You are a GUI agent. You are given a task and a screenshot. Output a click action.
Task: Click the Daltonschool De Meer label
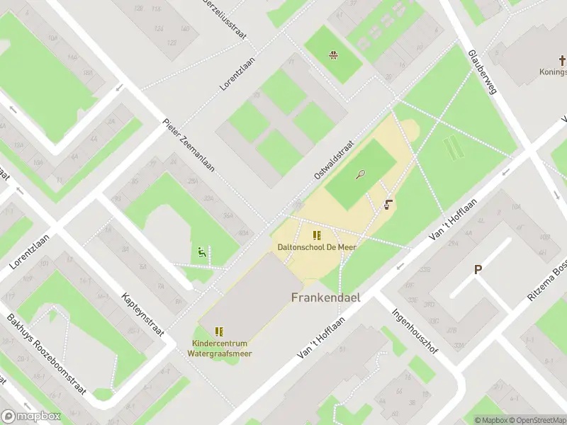click(316, 246)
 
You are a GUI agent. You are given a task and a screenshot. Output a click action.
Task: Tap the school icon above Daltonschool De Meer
click(316, 234)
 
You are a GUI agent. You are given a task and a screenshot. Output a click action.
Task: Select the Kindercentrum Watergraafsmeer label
click(223, 348)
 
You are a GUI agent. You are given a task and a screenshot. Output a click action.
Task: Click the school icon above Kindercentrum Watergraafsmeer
click(220, 331)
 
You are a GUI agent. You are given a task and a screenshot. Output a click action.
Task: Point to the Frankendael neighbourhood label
click(325, 297)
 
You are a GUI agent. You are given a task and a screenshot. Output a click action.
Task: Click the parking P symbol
click(478, 269)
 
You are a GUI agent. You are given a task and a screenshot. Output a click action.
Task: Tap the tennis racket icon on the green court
click(361, 174)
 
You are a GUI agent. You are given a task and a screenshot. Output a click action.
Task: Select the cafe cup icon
click(388, 205)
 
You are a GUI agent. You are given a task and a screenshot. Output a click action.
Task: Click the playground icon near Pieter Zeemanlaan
click(202, 251)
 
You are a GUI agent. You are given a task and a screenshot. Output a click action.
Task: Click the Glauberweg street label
click(482, 72)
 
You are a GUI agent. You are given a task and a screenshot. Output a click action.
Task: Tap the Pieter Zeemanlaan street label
click(188, 144)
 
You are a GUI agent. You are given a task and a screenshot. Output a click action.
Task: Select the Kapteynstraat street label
click(143, 314)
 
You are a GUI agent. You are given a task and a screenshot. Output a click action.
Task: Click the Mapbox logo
click(31, 416)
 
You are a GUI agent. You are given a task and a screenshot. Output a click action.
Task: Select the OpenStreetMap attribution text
click(537, 420)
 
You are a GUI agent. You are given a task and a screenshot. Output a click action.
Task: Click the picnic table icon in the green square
click(332, 55)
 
